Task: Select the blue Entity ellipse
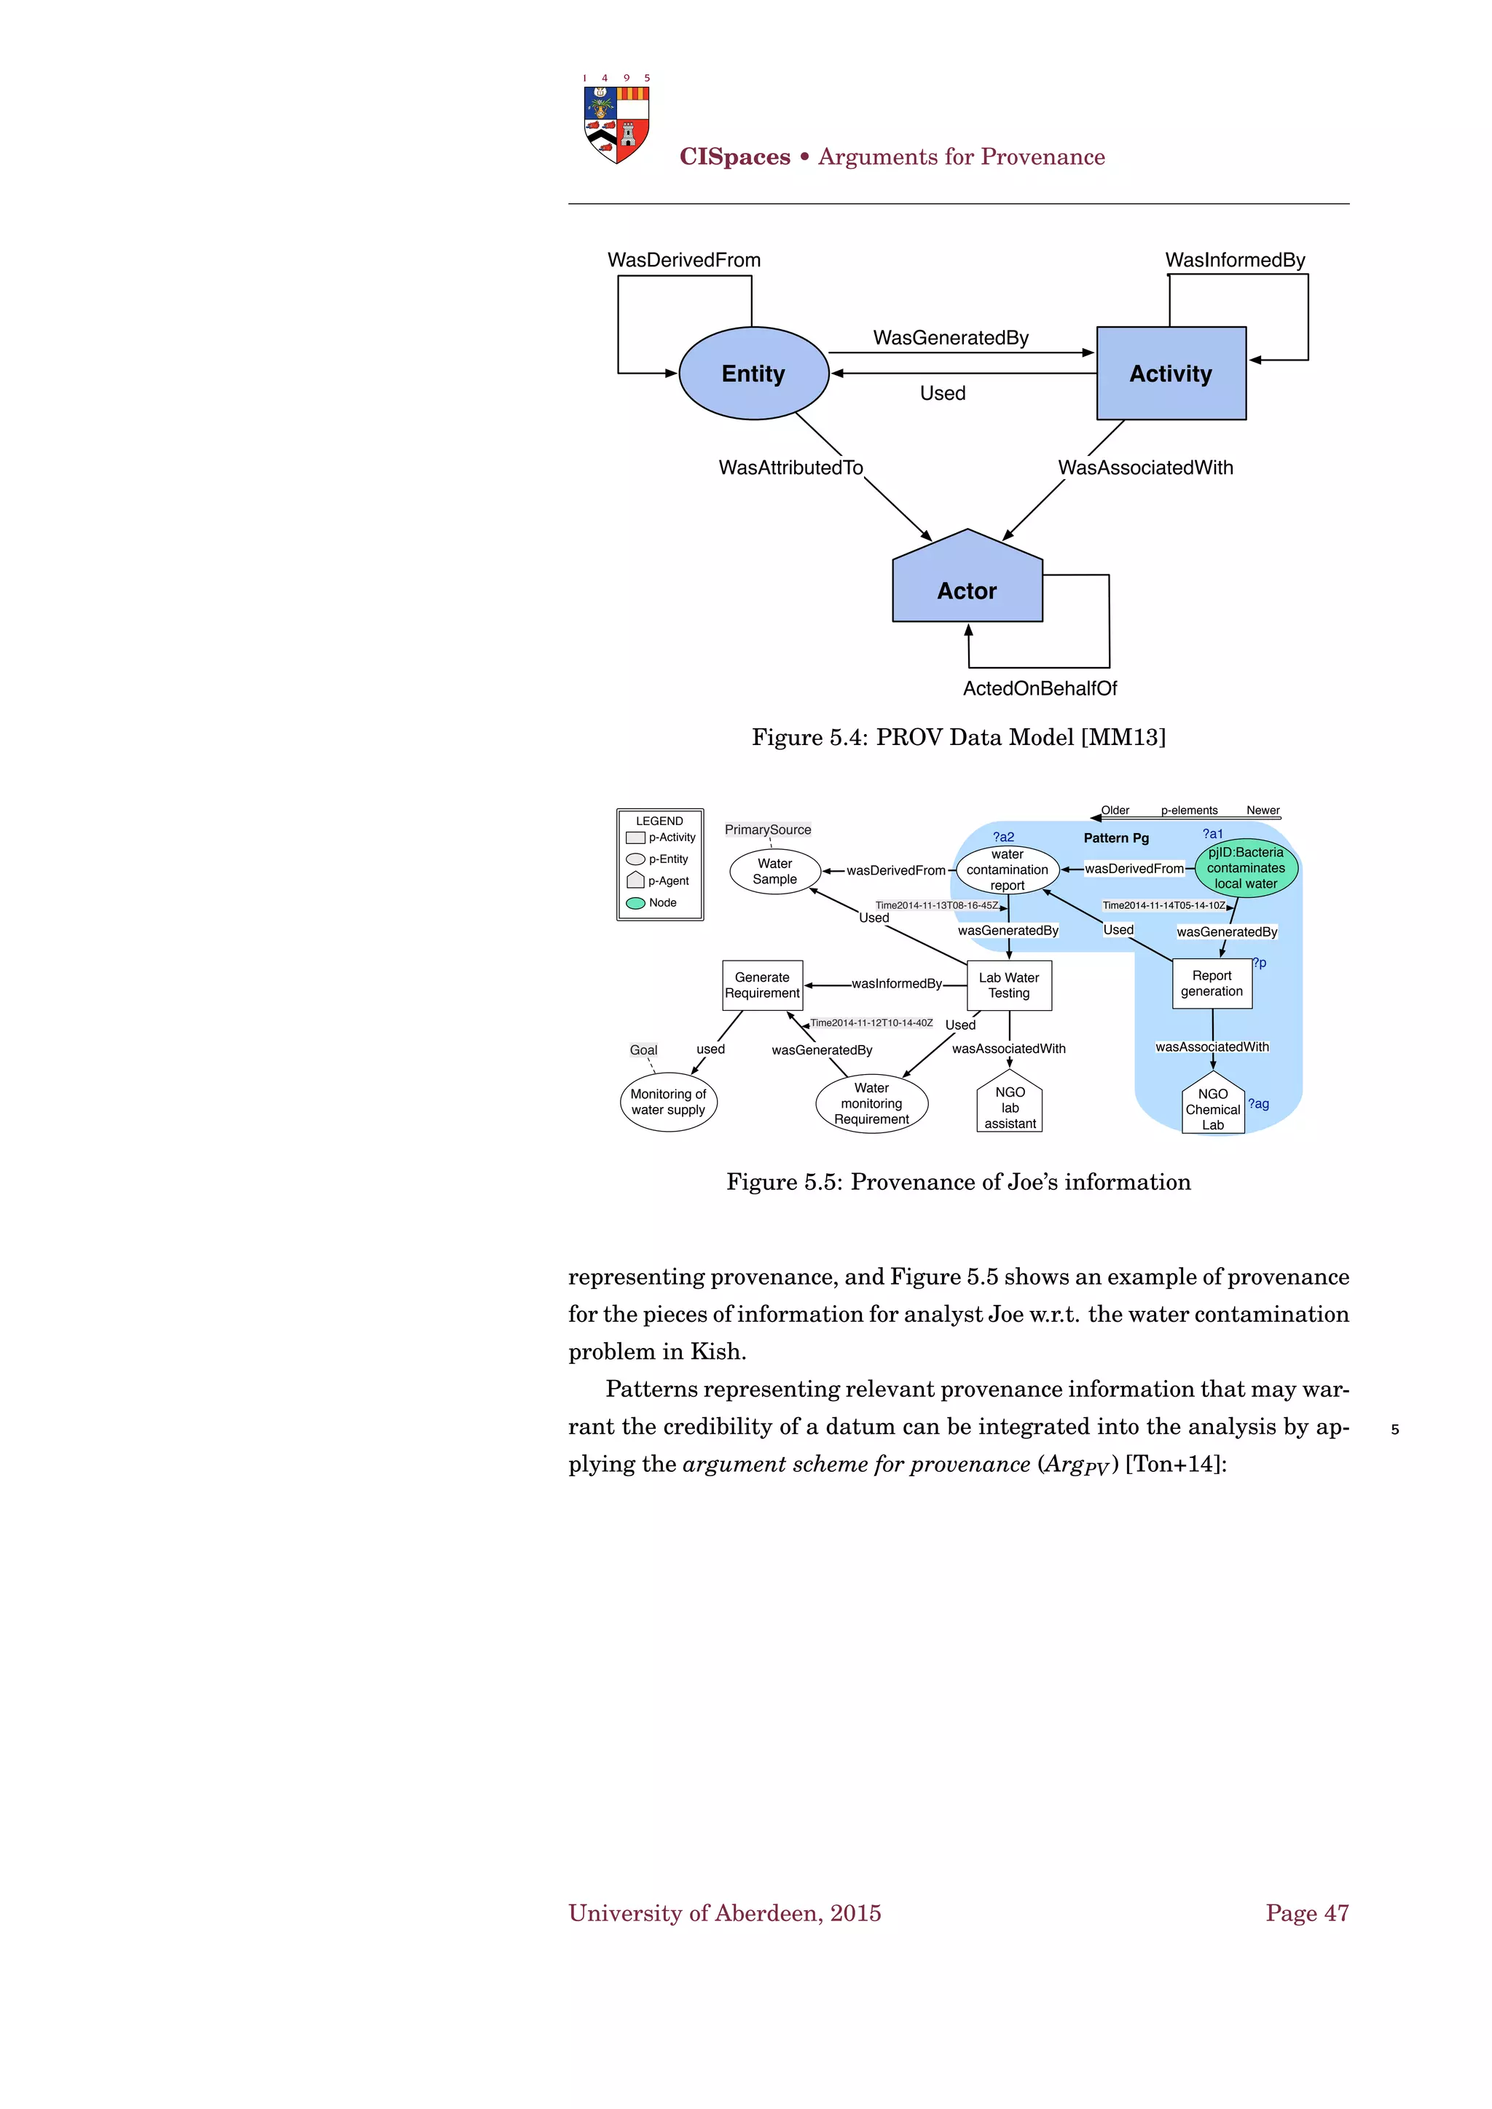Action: click(753, 374)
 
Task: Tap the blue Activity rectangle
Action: click(1171, 374)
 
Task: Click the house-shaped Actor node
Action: click(967, 583)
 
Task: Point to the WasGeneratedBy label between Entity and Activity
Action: click(951, 338)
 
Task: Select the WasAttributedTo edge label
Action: click(790, 468)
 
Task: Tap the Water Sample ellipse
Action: click(774, 871)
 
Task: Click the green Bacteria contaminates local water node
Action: click(1246, 868)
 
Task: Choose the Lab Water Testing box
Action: click(1009, 985)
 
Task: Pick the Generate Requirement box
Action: click(763, 985)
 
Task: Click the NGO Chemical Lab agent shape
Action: click(1213, 1106)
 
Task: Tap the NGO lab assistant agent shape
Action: click(1010, 1105)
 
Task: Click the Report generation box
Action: click(1212, 984)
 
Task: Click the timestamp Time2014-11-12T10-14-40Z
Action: click(871, 1023)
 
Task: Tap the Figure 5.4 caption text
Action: click(958, 738)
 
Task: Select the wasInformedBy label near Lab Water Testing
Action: click(897, 984)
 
